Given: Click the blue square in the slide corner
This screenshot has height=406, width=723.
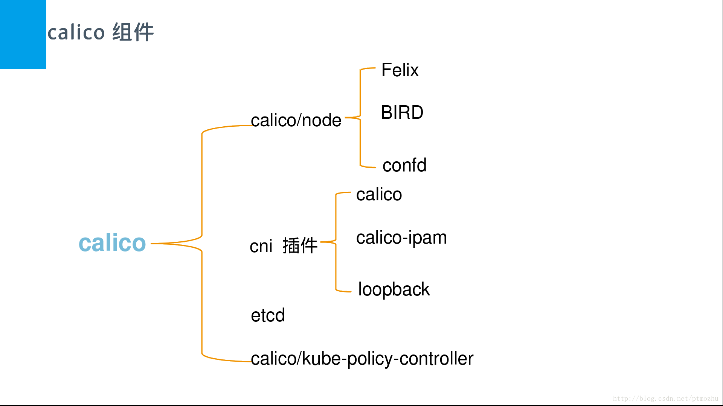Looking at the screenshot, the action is click(x=23, y=34).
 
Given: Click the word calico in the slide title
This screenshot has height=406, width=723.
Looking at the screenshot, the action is click(x=76, y=32).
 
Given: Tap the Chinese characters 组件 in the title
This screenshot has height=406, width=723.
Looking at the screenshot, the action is click(x=133, y=32).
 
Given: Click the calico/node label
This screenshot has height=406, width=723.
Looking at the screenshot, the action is click(x=296, y=120).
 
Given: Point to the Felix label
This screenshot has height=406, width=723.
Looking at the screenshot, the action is click(x=400, y=70).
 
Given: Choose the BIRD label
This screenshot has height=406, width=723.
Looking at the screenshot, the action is click(x=402, y=112).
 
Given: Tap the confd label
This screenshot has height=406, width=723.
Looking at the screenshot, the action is click(x=404, y=165).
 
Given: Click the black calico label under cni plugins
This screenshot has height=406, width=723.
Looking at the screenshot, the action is click(x=379, y=194).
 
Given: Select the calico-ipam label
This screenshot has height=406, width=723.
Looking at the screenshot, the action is click(x=401, y=238).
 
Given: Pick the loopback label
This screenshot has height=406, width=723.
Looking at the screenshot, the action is click(x=394, y=289).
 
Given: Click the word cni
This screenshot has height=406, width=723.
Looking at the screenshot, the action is click(x=261, y=246).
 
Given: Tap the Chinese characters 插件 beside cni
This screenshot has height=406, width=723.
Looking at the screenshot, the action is click(x=300, y=246).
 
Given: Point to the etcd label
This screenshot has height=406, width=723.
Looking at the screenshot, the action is click(x=268, y=315).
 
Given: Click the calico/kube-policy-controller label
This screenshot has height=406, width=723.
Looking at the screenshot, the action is click(x=362, y=359).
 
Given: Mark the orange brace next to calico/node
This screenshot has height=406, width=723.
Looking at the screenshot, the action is click(x=360, y=118).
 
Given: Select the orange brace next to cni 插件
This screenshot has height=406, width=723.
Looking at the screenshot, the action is click(x=336, y=242).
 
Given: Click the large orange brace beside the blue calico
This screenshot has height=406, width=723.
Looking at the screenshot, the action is click(x=202, y=243).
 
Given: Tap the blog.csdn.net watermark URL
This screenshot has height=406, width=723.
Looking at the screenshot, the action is click(x=665, y=398).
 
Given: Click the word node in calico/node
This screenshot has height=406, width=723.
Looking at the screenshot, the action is click(x=322, y=120).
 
